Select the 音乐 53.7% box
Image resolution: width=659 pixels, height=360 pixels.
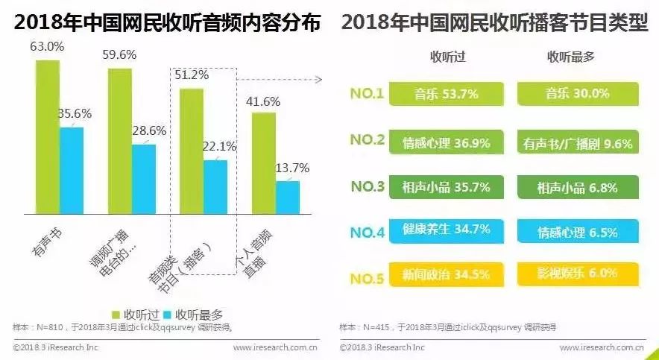click(446, 94)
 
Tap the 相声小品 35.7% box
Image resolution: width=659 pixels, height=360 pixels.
click(446, 187)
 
